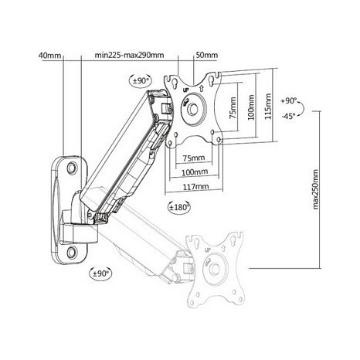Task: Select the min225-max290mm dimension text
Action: coord(129,55)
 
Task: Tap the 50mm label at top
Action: coord(207,55)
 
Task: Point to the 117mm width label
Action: coord(195,186)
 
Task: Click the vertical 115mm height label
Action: coord(268,106)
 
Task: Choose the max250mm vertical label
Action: coord(315,189)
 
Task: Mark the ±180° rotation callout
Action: coord(179,207)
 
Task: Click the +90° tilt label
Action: coord(289,100)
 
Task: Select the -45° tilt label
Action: coord(288,116)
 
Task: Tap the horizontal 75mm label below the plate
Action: coord(194,158)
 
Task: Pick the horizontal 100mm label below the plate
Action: coord(195,172)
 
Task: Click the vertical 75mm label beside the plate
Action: coord(233,107)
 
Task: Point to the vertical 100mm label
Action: coord(251,107)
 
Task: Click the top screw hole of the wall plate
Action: coord(72,168)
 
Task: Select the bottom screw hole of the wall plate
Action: coord(72,253)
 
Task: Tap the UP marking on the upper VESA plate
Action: coord(185,90)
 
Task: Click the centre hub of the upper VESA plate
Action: coord(192,109)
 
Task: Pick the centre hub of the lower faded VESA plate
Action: coord(214,270)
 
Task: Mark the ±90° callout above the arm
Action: coord(141,80)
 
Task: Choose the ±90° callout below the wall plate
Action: coord(100,273)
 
